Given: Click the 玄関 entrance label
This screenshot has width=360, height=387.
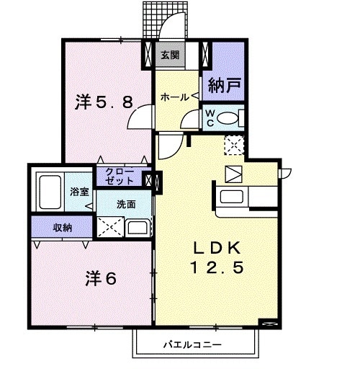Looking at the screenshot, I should pos(169,54).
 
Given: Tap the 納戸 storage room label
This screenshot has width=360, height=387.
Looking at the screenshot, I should pos(224,87).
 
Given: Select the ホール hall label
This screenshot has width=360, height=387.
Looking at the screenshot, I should pos(175,97).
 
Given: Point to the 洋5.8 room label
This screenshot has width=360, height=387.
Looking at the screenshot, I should pos(104,102).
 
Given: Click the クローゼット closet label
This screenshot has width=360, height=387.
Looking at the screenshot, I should pos(120,177).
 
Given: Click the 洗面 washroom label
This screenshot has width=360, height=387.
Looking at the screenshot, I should pos(126,204).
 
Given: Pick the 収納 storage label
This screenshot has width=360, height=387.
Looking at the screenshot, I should pos(62,228).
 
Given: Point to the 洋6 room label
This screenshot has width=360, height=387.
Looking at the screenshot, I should pos(102,277).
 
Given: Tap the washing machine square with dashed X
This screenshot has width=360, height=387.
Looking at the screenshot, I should pos(111,227).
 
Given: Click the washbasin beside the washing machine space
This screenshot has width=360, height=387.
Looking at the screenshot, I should pos(138,228).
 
